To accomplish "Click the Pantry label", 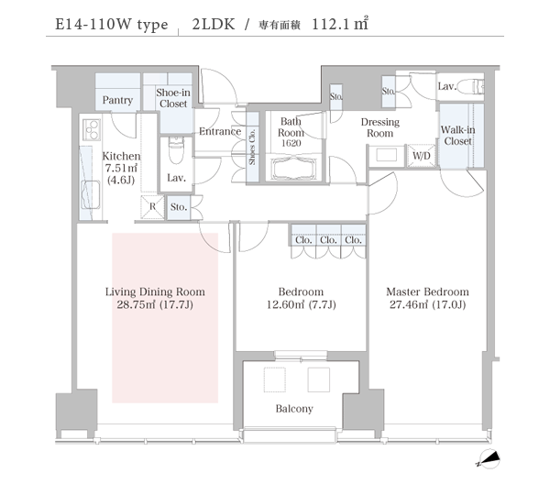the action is point(117,100).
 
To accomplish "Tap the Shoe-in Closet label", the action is point(173,98).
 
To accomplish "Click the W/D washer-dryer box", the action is point(422,156).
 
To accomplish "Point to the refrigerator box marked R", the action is point(152,207).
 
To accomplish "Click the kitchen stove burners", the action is point(92,130).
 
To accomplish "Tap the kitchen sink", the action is point(91,195).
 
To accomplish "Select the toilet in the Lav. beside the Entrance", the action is point(176,150).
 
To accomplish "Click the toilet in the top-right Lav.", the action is point(471,86).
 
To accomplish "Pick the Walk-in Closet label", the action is point(457,136).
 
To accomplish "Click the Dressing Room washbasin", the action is point(386,155).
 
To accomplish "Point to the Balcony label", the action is point(294,409).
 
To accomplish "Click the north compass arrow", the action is point(489,459).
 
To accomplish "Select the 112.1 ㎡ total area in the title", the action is point(340,24).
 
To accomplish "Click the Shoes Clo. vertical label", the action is point(252,147).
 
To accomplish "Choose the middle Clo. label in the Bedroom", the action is point(328,240).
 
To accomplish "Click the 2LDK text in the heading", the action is point(214,24).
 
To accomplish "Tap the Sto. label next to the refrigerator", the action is point(179,207).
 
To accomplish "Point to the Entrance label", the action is point(220,131).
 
